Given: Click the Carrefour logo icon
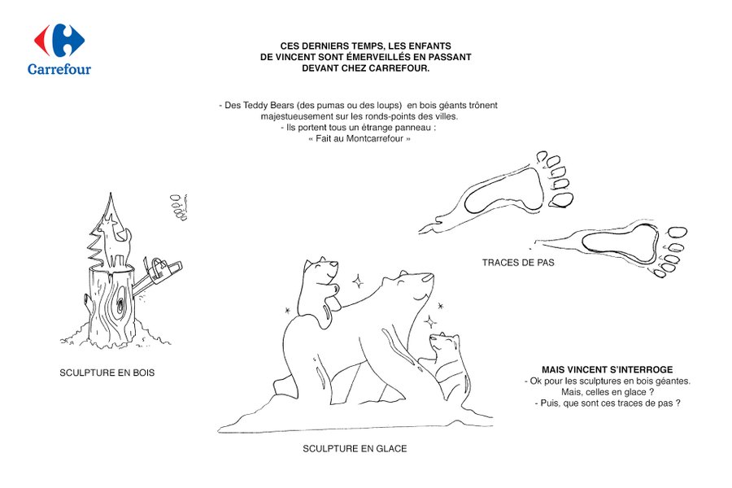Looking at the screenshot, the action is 59,40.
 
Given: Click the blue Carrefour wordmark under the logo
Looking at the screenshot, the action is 59,69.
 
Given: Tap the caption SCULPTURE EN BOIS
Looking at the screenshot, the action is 107,373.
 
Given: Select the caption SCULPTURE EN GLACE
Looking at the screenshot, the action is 355,449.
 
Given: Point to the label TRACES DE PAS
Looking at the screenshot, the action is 518,263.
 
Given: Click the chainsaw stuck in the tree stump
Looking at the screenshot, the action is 159,276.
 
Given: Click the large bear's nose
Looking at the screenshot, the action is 428,278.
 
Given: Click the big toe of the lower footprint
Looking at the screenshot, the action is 677,233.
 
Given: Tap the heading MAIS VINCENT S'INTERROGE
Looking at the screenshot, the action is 607,370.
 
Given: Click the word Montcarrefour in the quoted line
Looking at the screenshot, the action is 374,139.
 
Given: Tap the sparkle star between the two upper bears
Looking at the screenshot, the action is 358,281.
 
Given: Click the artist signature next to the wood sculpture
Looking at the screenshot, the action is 179,207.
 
